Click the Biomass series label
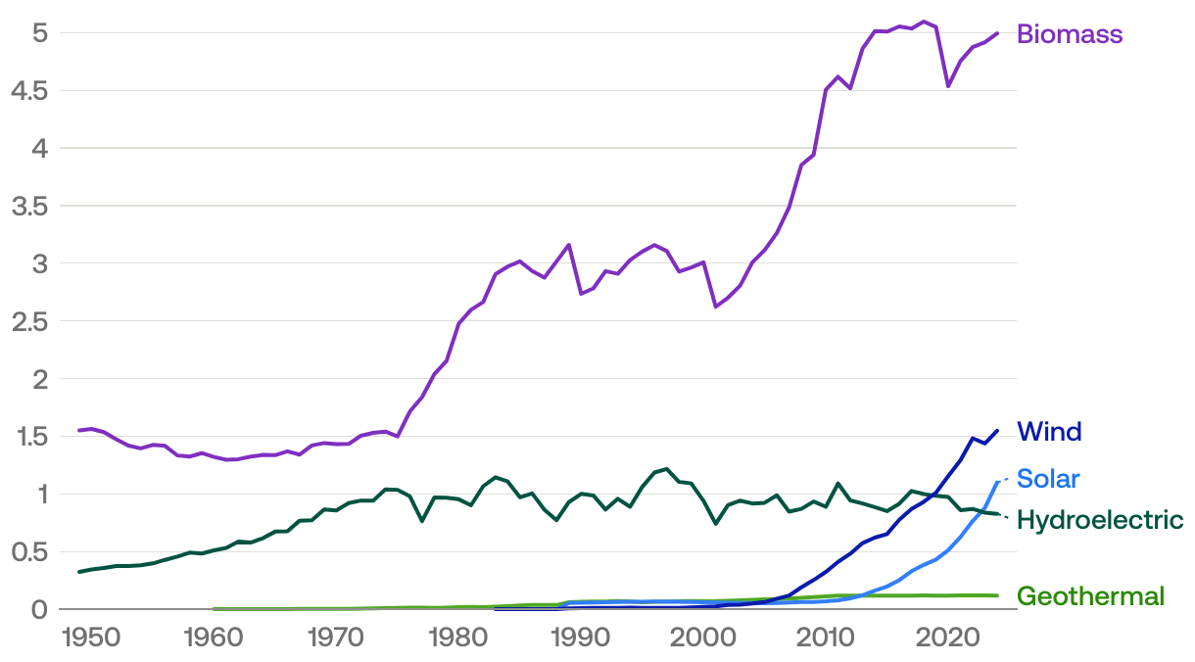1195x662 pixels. pyautogui.click(x=1069, y=34)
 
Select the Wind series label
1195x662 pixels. pyautogui.click(x=1049, y=432)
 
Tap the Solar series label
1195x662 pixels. pyautogui.click(x=1048, y=479)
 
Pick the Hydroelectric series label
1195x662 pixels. pyautogui.click(x=1100, y=520)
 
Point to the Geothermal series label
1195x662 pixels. pyautogui.click(x=1090, y=596)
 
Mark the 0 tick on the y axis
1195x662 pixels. pyautogui.click(x=40, y=609)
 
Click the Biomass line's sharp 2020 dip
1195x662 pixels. pyautogui.click(x=948, y=86)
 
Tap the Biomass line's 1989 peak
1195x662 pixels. pyautogui.click(x=569, y=245)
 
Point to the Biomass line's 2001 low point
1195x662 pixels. pyautogui.click(x=716, y=307)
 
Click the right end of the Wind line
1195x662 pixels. pyautogui.click(x=997, y=430)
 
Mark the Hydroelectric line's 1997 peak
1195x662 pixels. pyautogui.click(x=667, y=469)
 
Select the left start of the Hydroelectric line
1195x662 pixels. pyautogui.click(x=79, y=572)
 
